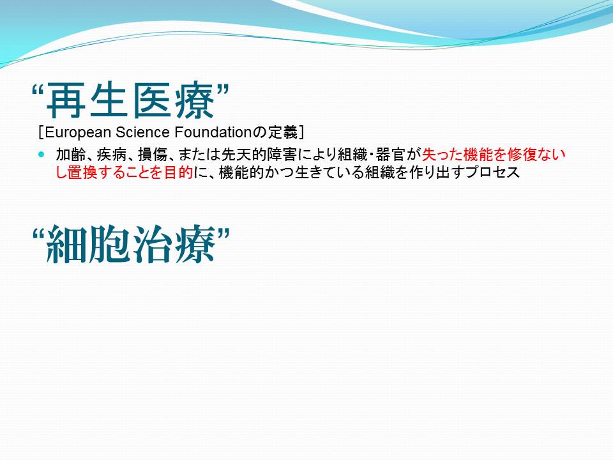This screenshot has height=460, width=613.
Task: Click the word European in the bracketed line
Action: tap(78, 133)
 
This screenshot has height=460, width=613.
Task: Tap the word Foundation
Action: tap(213, 132)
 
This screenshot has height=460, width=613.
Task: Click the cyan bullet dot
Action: tap(42, 154)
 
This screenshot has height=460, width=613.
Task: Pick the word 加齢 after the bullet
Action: tap(71, 155)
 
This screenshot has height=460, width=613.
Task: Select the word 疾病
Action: tap(111, 155)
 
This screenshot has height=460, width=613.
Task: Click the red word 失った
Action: tap(442, 155)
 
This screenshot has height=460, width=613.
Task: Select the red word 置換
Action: tap(82, 172)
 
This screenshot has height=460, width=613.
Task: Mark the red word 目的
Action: tap(178, 172)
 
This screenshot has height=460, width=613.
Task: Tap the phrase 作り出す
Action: tap(437, 172)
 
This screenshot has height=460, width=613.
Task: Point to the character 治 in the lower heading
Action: tap(152, 245)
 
